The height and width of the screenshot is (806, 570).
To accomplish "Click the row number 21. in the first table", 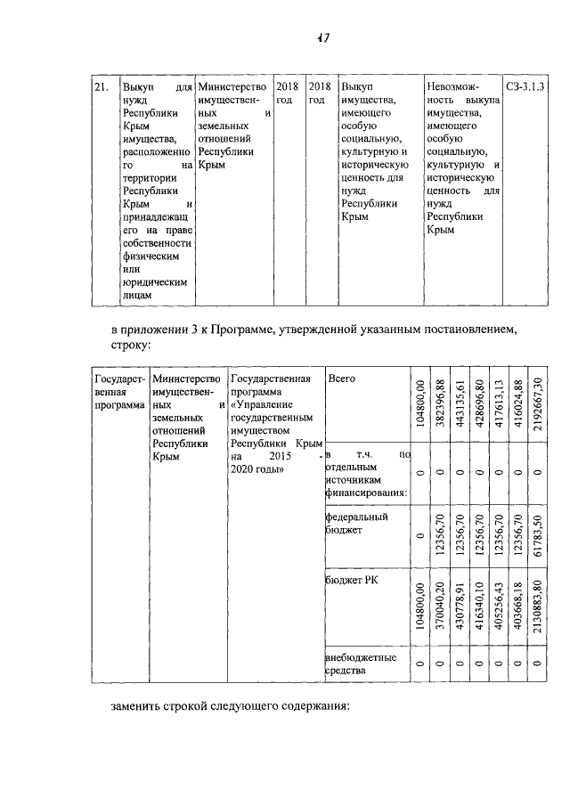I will [102, 87].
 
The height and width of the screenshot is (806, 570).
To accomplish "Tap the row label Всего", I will [341, 379].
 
